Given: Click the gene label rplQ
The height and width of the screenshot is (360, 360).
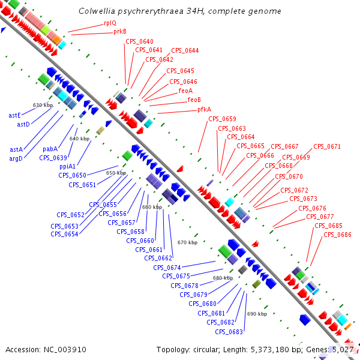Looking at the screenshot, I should pyautogui.click(x=111, y=23).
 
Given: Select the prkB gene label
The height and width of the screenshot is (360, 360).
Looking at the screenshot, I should pyautogui.click(x=120, y=32).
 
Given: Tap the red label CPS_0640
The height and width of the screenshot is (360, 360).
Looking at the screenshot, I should pyautogui.click(x=139, y=41).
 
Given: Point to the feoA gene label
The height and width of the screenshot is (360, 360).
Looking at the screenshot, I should pyautogui.click(x=186, y=91).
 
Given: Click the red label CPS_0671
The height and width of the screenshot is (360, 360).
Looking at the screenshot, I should pyautogui.click(x=327, y=146).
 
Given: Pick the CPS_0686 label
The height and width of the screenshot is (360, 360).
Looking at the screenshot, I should pyautogui.click(x=337, y=235).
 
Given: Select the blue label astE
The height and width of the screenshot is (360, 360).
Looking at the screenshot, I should pyautogui.click(x=15, y=115).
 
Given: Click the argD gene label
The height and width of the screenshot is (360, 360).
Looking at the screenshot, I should pyautogui.click(x=16, y=158).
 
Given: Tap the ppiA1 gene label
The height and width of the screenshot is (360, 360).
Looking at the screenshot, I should pyautogui.click(x=67, y=166).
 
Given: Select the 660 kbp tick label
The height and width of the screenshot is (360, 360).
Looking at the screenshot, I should pyautogui.click(x=152, y=207).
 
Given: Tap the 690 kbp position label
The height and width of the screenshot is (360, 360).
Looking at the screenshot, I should pyautogui.click(x=256, y=314).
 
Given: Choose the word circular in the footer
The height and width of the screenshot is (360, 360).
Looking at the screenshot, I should pyautogui.click(x=207, y=349).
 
